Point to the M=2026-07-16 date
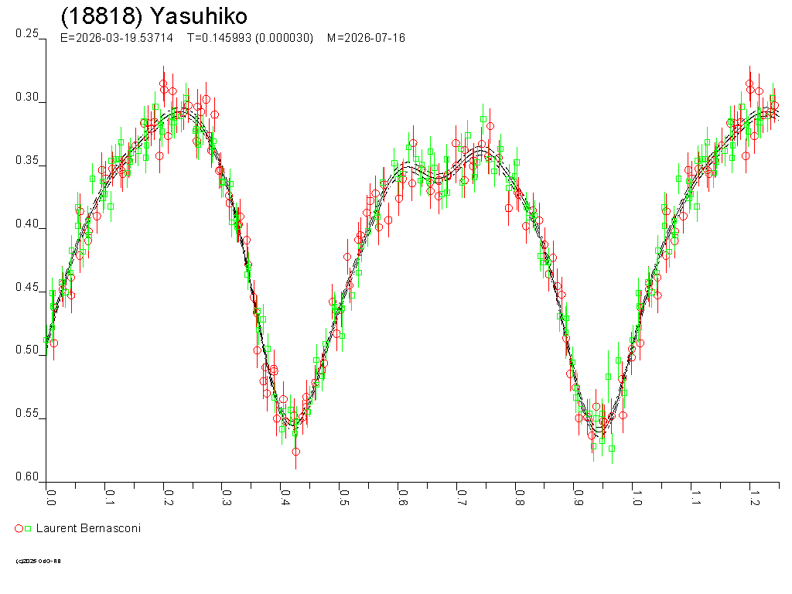point(366,38)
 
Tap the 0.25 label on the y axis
point(27,34)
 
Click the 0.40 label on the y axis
point(27,224)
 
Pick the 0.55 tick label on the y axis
point(27,414)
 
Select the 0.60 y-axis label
point(27,477)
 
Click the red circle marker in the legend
point(19,528)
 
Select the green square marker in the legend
point(28,528)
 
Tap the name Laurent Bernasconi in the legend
point(88,528)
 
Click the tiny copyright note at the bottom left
point(38,561)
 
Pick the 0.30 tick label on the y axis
point(27,97)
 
